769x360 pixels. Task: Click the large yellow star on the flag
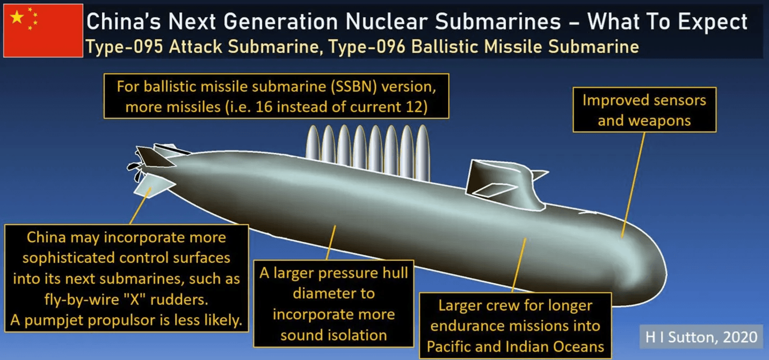point(17,17)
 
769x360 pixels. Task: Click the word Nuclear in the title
point(386,21)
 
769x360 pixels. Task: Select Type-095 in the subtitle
point(124,47)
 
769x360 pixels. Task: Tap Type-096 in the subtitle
point(367,47)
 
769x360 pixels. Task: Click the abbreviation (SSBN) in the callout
point(354,87)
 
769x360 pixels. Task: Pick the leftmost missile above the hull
point(313,142)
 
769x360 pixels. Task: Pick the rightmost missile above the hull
point(423,153)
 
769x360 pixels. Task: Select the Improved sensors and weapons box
point(644,110)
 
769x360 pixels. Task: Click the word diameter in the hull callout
point(333,293)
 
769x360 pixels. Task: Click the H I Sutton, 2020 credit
point(701,337)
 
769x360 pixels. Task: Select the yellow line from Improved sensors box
point(634,185)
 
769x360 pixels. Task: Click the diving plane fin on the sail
point(495,190)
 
